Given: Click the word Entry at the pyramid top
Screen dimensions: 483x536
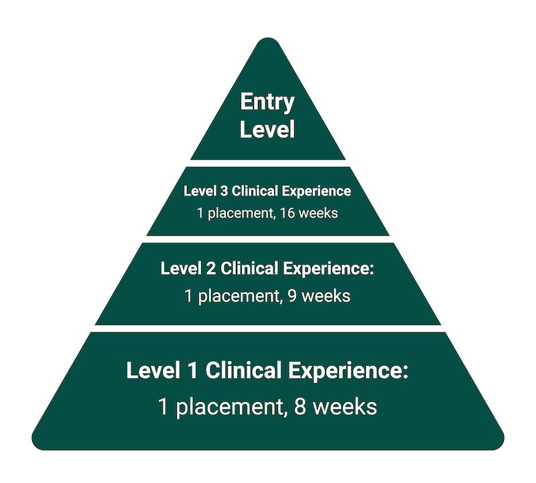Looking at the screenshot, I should click(267, 102).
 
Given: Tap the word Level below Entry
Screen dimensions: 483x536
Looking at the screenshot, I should click(267, 129).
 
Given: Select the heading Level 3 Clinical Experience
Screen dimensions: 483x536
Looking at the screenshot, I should click(267, 191).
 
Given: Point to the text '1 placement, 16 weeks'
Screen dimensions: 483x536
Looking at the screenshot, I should click(267, 214).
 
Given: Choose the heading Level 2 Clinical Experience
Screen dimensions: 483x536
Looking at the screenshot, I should click(267, 269).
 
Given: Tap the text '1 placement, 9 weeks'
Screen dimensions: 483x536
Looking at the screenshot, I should click(267, 295).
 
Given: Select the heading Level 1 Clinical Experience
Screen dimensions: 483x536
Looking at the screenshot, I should click(267, 371).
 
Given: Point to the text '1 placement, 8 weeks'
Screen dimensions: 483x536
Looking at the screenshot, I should click(267, 407).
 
